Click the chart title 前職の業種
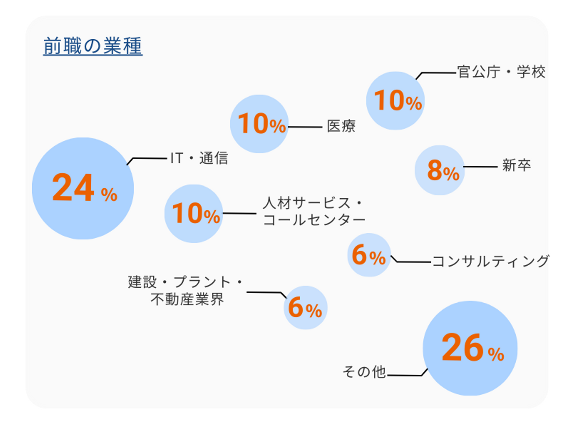click(x=93, y=46)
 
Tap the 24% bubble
click(x=83, y=188)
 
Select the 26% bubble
click(x=470, y=348)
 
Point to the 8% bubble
click(x=439, y=170)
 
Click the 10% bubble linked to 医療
click(x=259, y=124)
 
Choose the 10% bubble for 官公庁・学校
click(x=395, y=101)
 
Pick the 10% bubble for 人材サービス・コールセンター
click(x=194, y=213)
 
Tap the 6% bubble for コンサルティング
click(x=369, y=255)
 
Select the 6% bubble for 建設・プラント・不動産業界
click(x=305, y=307)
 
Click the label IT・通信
click(x=199, y=158)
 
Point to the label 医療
click(x=341, y=126)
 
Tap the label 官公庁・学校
click(x=501, y=72)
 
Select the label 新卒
click(x=516, y=165)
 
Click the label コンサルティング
click(x=491, y=261)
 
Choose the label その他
click(x=364, y=372)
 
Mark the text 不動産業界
click(x=187, y=300)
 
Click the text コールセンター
click(x=314, y=220)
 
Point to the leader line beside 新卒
click(x=481, y=167)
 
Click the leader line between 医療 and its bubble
click(x=305, y=127)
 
